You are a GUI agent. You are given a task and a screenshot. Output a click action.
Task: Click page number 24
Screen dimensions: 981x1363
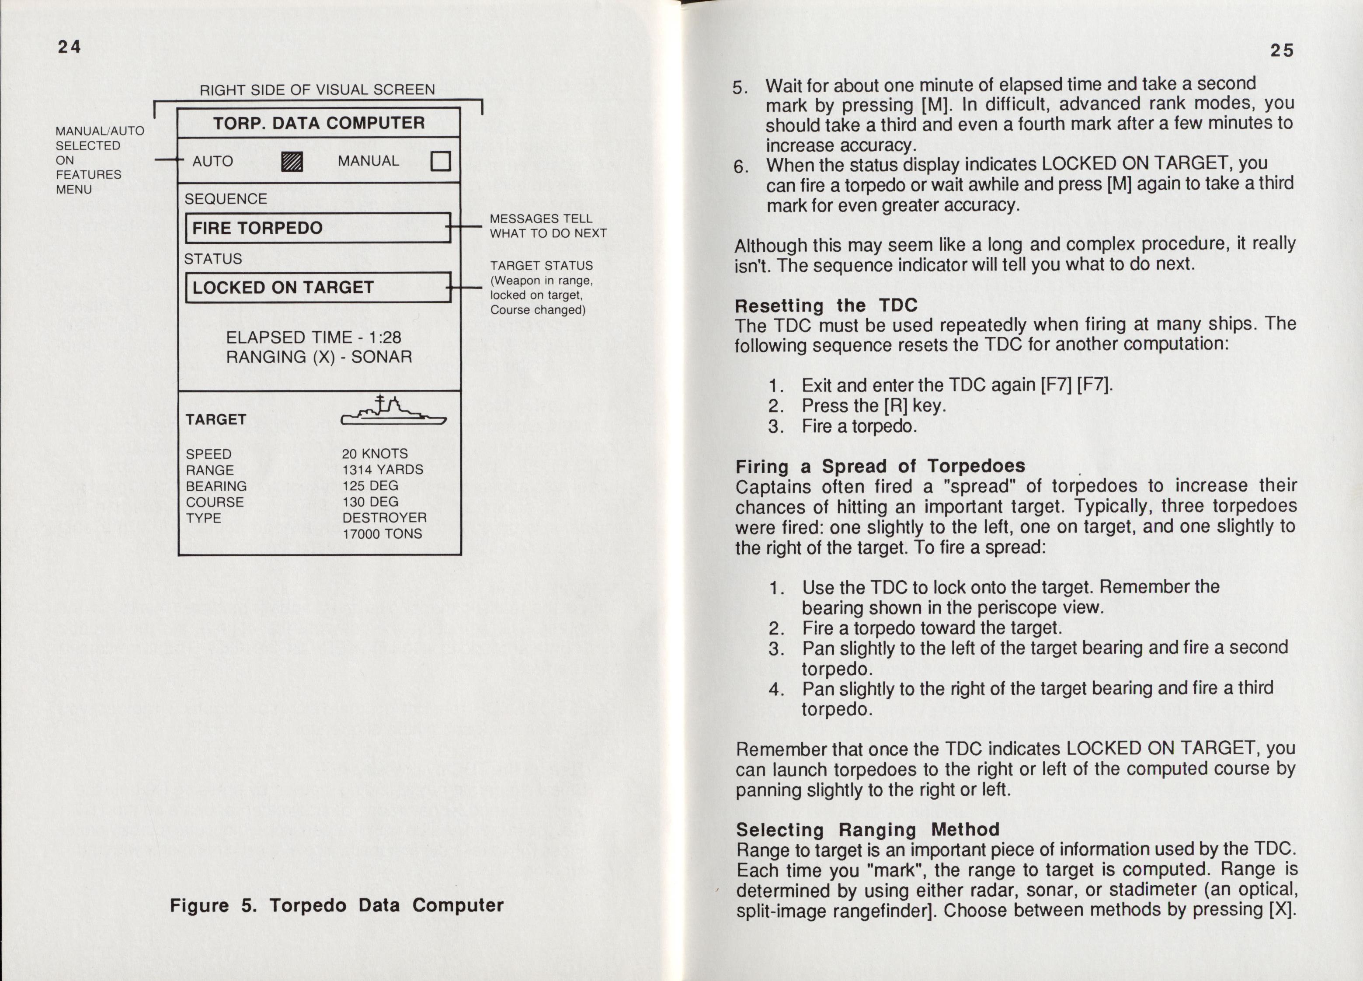point(69,46)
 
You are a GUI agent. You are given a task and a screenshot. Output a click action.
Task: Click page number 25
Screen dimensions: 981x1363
point(1281,50)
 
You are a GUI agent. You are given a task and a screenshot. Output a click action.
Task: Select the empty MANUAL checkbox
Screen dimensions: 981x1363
point(441,161)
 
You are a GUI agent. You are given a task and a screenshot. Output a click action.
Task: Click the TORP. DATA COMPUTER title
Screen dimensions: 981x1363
point(319,123)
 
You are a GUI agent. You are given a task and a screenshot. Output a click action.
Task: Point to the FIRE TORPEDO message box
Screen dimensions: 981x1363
point(318,228)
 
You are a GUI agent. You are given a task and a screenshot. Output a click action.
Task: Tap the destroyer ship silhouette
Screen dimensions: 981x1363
point(393,412)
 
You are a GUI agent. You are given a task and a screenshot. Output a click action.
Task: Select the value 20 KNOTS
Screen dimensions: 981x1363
point(375,454)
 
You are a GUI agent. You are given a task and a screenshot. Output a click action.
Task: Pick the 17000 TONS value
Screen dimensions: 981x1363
point(382,534)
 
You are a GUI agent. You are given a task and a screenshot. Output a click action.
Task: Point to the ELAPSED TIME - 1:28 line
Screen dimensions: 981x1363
point(313,338)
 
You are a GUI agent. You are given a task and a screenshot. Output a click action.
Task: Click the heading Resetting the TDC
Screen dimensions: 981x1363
point(826,306)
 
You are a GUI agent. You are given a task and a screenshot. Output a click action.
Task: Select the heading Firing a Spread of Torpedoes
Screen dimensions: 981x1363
point(880,466)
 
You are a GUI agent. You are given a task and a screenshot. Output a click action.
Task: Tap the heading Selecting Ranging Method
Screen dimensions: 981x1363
point(867,830)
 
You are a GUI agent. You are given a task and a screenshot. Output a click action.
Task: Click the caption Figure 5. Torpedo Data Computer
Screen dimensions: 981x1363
point(337,905)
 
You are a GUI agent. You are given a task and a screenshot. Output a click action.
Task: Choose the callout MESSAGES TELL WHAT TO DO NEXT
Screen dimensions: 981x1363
point(547,226)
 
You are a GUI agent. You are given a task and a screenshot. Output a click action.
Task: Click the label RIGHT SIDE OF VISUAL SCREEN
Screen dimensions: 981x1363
point(317,90)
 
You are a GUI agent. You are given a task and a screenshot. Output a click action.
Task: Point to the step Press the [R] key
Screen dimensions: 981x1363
point(873,406)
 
